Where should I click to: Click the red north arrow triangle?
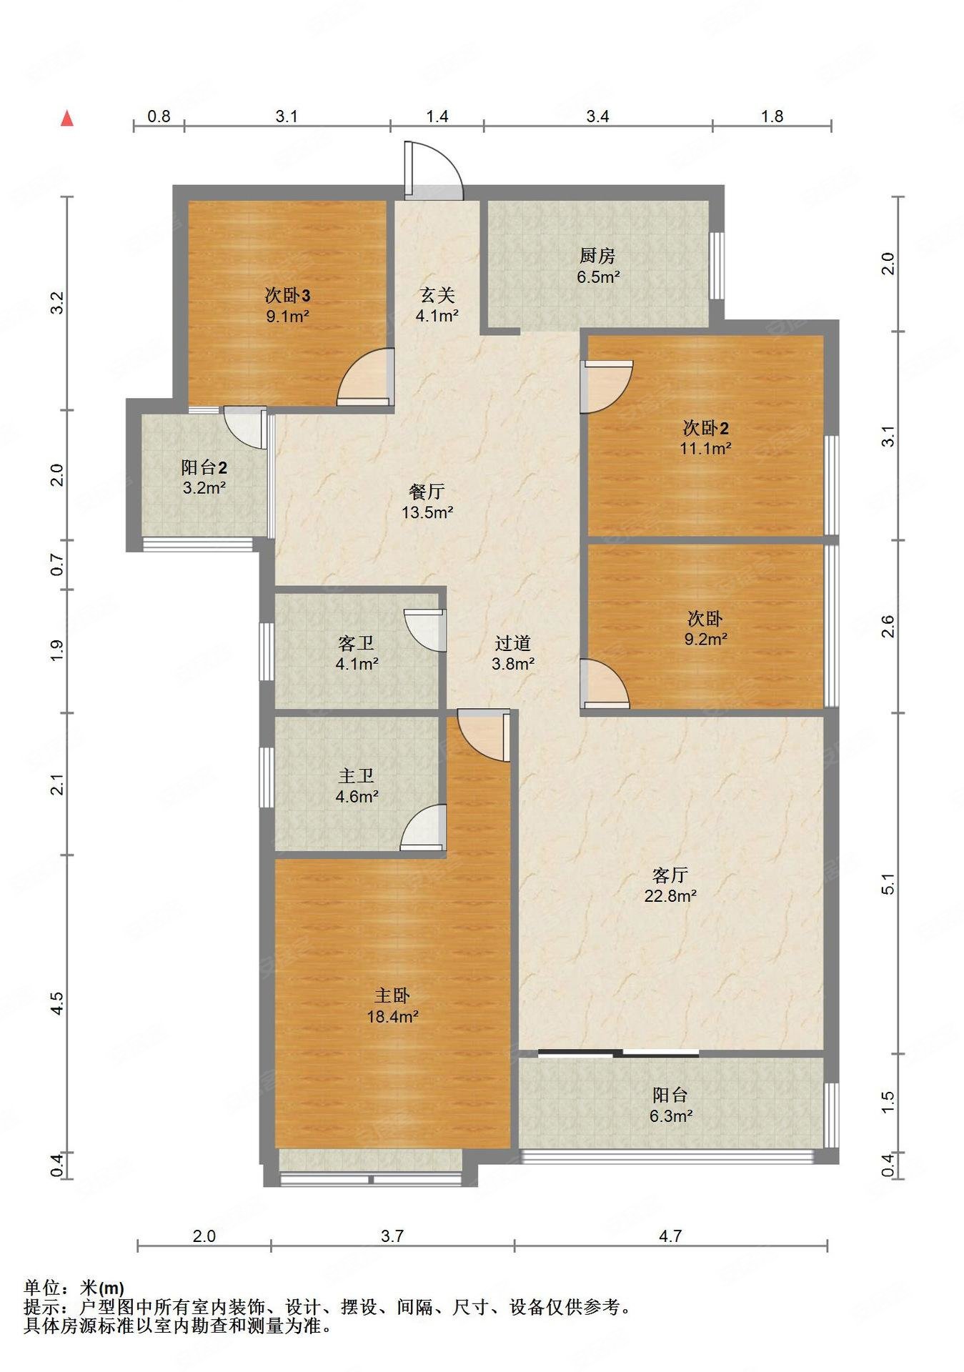coord(66,118)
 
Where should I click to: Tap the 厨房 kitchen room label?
coord(597,256)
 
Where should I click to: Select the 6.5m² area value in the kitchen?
coord(598,277)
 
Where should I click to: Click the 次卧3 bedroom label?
coord(287,295)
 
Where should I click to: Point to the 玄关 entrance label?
coord(437,295)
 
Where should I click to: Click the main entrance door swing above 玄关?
coord(434,170)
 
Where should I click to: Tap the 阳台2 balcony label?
coord(204,468)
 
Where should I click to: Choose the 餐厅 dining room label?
coord(427,492)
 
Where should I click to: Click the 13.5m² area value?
coord(427,512)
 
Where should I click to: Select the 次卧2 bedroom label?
coord(705,429)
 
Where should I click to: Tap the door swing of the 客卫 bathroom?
coord(424,630)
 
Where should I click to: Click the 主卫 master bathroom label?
coord(356,775)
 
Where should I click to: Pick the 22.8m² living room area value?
coord(670,895)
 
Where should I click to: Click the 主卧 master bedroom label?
coord(392,995)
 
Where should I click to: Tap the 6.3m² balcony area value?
coord(670,1115)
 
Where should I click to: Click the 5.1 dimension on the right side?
coord(888,883)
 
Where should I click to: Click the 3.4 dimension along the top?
coord(597,116)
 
